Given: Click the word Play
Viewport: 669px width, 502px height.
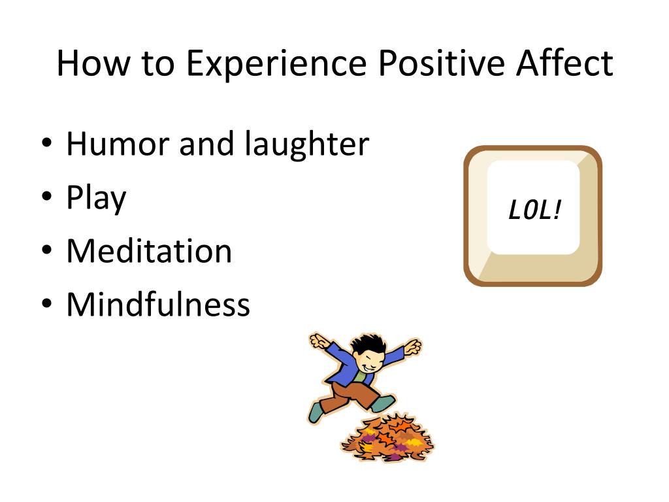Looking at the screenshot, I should click(96, 199).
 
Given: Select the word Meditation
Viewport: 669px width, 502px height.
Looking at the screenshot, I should click(149, 251).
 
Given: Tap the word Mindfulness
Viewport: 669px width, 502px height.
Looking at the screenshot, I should click(158, 304).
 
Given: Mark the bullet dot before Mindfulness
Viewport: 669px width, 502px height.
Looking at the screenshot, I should click(47, 305).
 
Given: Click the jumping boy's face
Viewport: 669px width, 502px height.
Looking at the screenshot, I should click(368, 361).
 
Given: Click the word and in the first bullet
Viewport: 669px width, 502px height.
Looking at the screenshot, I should click(207, 144).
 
